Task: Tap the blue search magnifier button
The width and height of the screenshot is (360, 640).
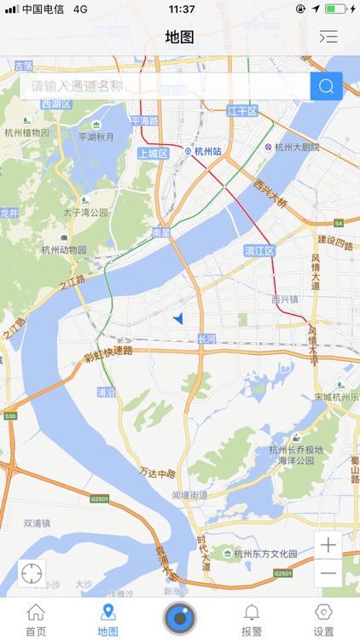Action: click(326, 86)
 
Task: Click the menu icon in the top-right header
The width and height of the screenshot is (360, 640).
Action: click(328, 37)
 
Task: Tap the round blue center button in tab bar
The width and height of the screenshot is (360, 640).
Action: click(180, 618)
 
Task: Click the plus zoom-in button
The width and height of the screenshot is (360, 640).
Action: click(328, 544)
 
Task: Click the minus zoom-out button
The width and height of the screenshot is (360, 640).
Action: click(328, 573)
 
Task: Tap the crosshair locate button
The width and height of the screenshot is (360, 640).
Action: click(32, 573)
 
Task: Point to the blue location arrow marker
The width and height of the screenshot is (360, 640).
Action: click(178, 318)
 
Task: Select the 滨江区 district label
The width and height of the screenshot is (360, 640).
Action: click(259, 251)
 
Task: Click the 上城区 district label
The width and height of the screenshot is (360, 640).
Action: click(154, 154)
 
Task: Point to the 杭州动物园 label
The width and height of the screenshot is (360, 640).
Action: click(64, 250)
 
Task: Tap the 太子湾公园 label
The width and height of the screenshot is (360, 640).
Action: click(85, 212)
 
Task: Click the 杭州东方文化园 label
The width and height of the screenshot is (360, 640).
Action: click(259, 554)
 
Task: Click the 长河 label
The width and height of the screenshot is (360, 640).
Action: click(206, 339)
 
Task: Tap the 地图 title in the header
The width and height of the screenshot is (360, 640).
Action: click(180, 37)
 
